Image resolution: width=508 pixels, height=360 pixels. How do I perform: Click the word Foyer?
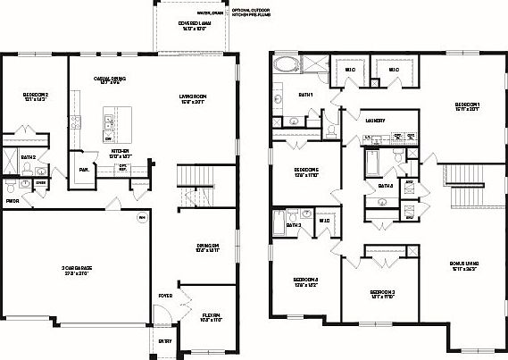click(166, 296)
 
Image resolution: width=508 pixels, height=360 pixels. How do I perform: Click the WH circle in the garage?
click(140, 217)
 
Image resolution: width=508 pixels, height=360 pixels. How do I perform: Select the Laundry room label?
click(375, 121)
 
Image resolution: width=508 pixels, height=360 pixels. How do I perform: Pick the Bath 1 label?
click(305, 95)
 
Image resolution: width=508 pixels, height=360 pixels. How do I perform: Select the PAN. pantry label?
click(83, 169)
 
